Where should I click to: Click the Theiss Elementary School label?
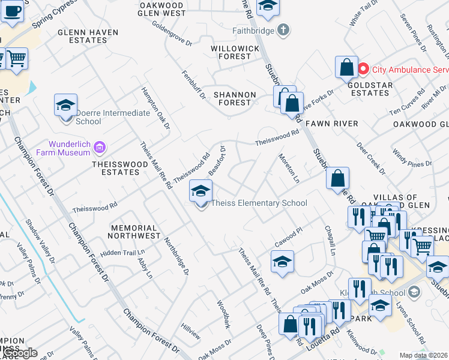pos(259,203)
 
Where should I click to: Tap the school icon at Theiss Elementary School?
pos(201,191)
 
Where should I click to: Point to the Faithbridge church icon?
pos(284,29)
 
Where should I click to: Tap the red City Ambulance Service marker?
pos(363,70)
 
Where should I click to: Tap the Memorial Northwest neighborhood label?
pos(134,232)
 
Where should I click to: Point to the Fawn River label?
pos(332,124)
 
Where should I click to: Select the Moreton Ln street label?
pos(289,168)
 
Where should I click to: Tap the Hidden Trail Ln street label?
pos(123,253)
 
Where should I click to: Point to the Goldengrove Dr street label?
pos(172,34)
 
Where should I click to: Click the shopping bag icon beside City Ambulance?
pos(346,68)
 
